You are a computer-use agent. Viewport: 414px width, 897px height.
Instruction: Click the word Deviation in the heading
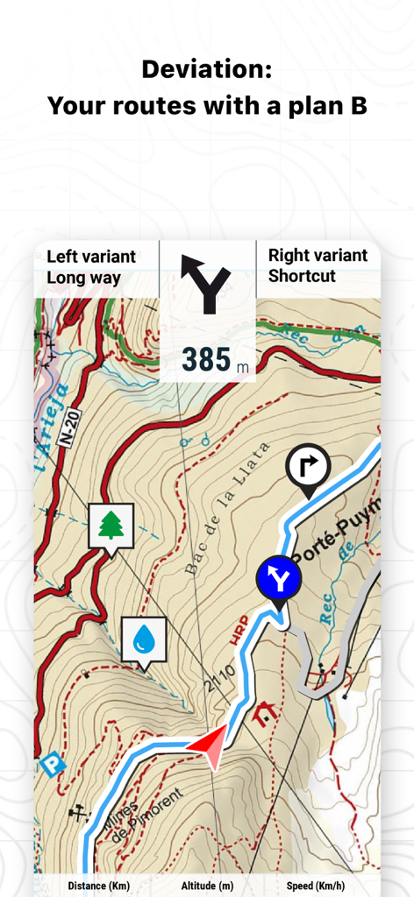(207, 69)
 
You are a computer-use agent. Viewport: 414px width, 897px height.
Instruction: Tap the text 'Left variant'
(91, 257)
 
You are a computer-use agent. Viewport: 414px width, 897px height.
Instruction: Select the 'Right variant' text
(318, 255)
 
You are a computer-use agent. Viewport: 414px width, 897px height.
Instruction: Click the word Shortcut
(302, 276)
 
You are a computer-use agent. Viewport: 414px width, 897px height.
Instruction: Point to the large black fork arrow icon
(205, 283)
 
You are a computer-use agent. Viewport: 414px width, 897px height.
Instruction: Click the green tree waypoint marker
(111, 525)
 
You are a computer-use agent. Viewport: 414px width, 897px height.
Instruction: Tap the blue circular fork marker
(278, 578)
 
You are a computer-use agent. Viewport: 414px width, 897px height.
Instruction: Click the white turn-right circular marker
(308, 465)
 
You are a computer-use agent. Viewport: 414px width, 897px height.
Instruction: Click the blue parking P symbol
(53, 765)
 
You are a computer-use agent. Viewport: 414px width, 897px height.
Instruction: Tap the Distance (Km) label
(98, 886)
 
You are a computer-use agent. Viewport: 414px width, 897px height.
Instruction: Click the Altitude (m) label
(207, 886)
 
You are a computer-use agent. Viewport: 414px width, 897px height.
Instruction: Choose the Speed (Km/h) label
(315, 886)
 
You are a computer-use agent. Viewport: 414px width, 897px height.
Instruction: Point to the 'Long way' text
(83, 278)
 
